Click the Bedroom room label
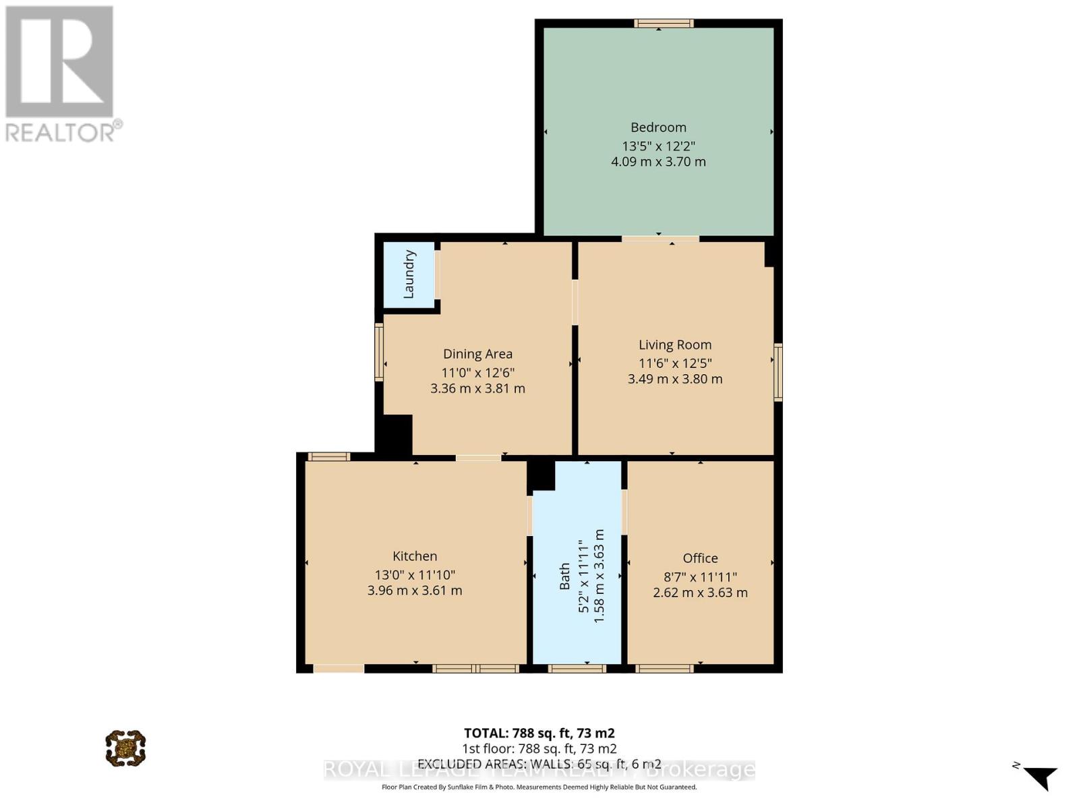click(658, 127)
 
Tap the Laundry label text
click(409, 274)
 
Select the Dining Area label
click(477, 354)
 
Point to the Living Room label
click(675, 345)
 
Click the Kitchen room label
click(415, 556)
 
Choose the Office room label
click(700, 558)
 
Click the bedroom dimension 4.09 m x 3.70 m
click(658, 162)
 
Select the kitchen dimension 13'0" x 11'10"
click(415, 575)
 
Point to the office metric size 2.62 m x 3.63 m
click(700, 593)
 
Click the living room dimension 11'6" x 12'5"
click(675, 363)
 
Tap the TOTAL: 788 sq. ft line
click(539, 733)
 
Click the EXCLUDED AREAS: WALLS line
click(539, 764)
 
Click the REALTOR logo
click(60, 74)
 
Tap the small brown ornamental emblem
click(125, 748)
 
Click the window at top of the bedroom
click(664, 24)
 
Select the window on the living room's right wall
click(778, 372)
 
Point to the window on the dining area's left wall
click(379, 352)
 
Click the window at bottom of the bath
click(577, 669)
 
